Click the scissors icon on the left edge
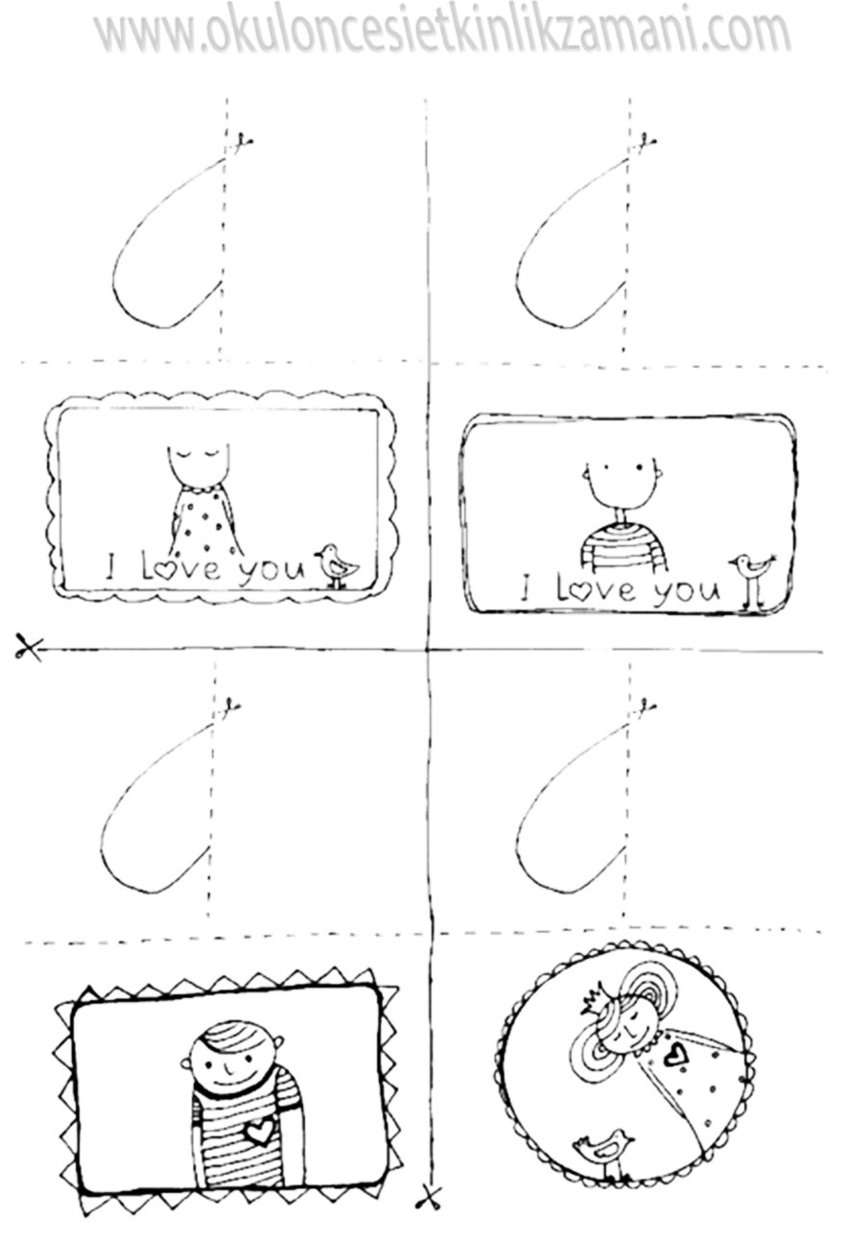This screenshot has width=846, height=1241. tap(28, 647)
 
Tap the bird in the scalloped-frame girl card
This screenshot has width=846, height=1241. tap(337, 565)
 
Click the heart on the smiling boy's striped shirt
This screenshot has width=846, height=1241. tap(259, 1132)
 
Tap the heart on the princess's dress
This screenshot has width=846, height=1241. tap(672, 1054)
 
